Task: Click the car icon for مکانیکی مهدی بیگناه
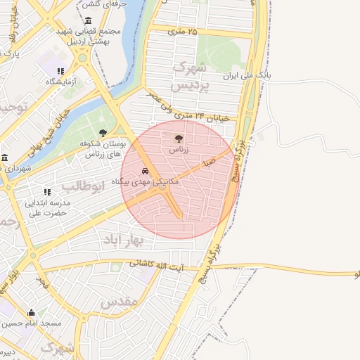[x=145, y=171]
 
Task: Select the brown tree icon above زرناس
[x=176, y=138]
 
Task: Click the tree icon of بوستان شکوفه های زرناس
[x=103, y=132]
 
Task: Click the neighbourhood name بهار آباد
[x=142, y=240]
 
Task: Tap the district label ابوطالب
[x=83, y=186]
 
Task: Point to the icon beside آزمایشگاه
[x=61, y=71]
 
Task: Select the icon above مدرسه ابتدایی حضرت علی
[x=47, y=191]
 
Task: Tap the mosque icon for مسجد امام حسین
[x=30, y=313]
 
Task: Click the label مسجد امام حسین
[x=31, y=324]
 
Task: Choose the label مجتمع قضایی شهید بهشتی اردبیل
[x=91, y=37]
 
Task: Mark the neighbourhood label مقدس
[x=116, y=304]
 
